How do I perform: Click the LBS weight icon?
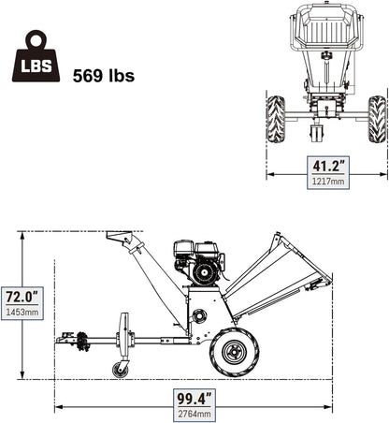(x=36, y=56)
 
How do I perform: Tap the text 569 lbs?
(x=104, y=76)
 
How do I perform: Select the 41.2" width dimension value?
(x=328, y=166)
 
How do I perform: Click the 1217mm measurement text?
(x=328, y=181)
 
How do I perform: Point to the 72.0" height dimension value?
(x=22, y=297)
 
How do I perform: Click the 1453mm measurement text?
(x=22, y=312)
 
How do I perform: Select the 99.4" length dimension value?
(x=194, y=399)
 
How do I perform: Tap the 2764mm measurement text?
(x=194, y=414)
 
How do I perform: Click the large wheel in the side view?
(x=235, y=352)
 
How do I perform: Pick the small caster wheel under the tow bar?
(x=120, y=371)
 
